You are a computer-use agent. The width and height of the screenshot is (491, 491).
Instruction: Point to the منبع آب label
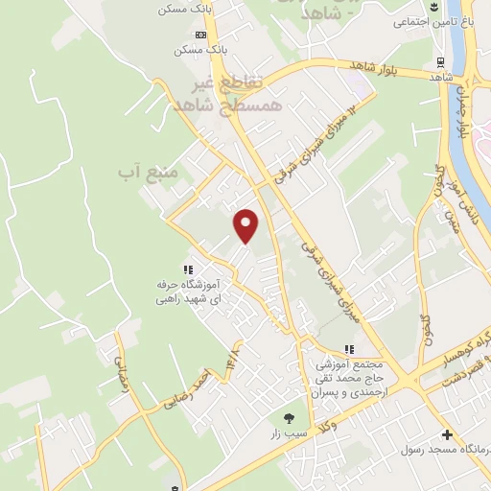(x=149, y=173)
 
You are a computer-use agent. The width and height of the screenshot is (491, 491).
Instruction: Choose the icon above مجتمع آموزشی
(x=349, y=349)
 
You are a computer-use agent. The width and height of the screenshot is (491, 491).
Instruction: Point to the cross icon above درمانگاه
(x=447, y=433)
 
